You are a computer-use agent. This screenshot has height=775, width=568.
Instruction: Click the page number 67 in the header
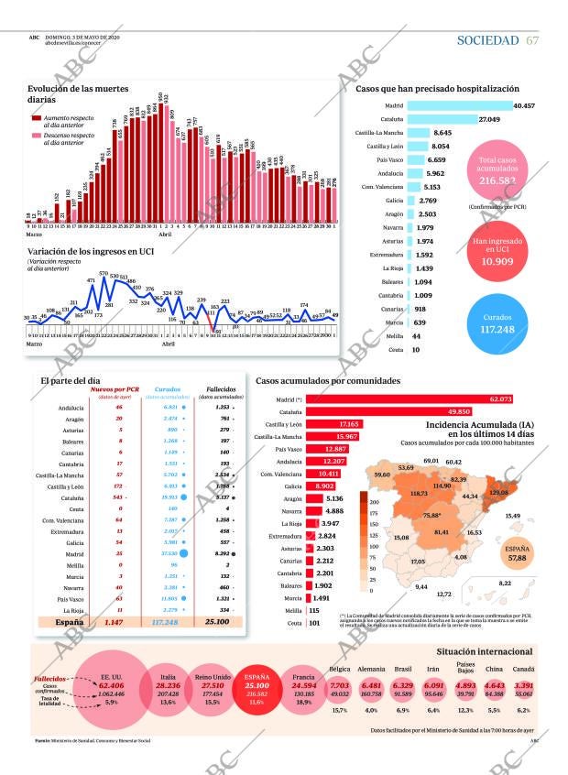532,40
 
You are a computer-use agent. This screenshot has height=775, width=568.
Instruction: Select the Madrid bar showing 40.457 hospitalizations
459,105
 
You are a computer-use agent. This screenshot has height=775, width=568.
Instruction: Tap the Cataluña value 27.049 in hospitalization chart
489,119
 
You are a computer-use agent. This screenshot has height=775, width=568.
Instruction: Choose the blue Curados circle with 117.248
498,323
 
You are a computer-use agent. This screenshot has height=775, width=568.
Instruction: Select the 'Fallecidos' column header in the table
220,389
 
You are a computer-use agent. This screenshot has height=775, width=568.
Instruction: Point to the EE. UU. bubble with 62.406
112,685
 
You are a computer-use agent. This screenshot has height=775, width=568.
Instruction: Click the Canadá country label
525,670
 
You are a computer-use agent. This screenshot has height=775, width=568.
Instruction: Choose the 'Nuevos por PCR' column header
120,389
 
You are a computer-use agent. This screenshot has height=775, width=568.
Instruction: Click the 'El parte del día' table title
71,380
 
